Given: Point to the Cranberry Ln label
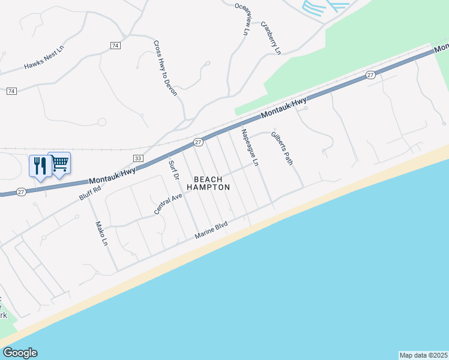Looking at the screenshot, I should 270,38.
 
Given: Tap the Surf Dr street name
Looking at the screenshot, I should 173,170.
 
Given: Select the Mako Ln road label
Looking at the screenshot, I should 101,234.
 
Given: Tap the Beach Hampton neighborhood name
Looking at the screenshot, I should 208,184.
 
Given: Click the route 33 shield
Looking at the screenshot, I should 138,158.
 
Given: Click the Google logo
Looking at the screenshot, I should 20,353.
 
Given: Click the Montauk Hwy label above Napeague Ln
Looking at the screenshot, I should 283,108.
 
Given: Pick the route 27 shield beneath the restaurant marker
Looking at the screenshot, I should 21,192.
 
